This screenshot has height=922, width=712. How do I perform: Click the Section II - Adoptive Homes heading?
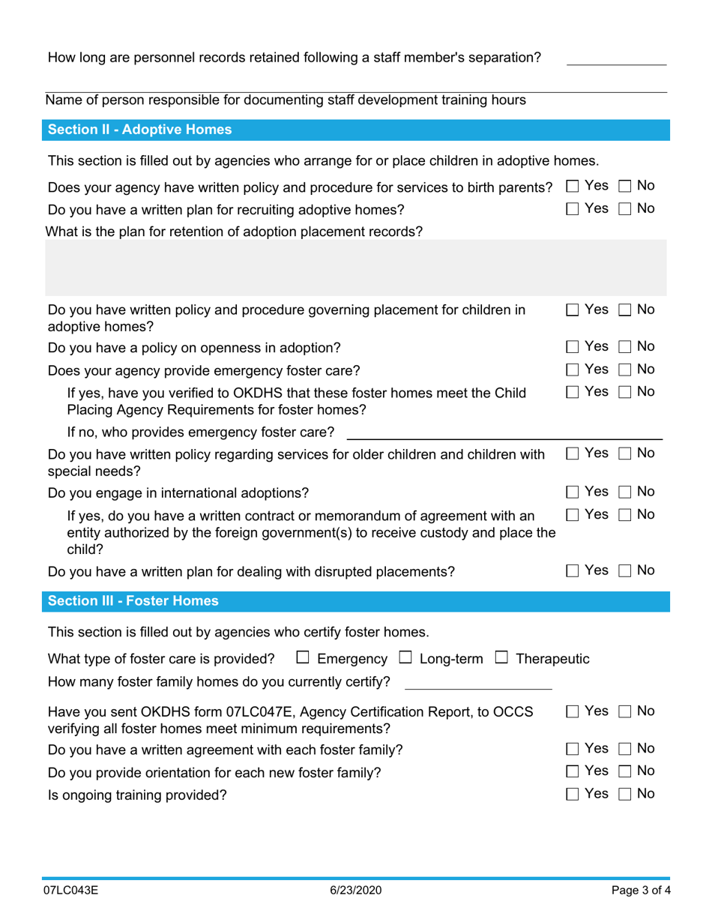pyautogui.click(x=139, y=130)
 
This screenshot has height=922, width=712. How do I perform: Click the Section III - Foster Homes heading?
pyautogui.click(x=133, y=601)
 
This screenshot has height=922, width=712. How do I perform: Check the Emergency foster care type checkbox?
pyautogui.click(x=303, y=659)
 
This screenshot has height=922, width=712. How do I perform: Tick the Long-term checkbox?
pyautogui.click(x=405, y=659)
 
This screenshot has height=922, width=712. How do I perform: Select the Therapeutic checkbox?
pyautogui.click(x=501, y=659)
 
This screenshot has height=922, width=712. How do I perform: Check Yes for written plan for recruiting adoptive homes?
pyautogui.click(x=573, y=208)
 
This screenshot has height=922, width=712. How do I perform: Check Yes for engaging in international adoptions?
pyautogui.click(x=573, y=492)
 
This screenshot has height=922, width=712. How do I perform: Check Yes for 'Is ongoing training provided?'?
pyautogui.click(x=573, y=794)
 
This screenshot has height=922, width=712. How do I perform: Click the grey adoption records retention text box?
pyautogui.click(x=356, y=268)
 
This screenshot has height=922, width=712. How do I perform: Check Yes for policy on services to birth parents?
pyautogui.click(x=573, y=186)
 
